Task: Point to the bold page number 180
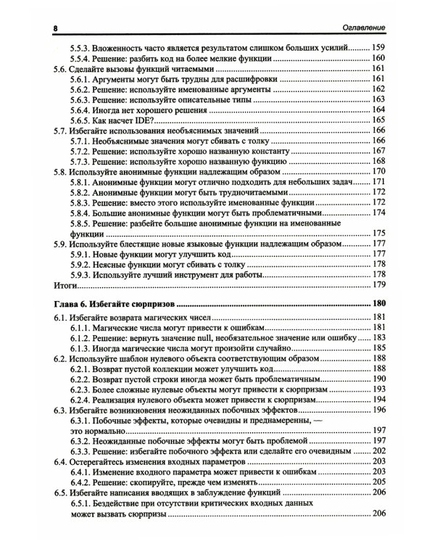tap(377, 303)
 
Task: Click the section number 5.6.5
tap(83, 120)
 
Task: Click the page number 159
tap(377, 47)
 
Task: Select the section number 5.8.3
tap(83, 203)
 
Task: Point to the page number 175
tap(377, 244)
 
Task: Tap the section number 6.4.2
tap(83, 482)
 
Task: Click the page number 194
tap(377, 400)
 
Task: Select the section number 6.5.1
tap(83, 503)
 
